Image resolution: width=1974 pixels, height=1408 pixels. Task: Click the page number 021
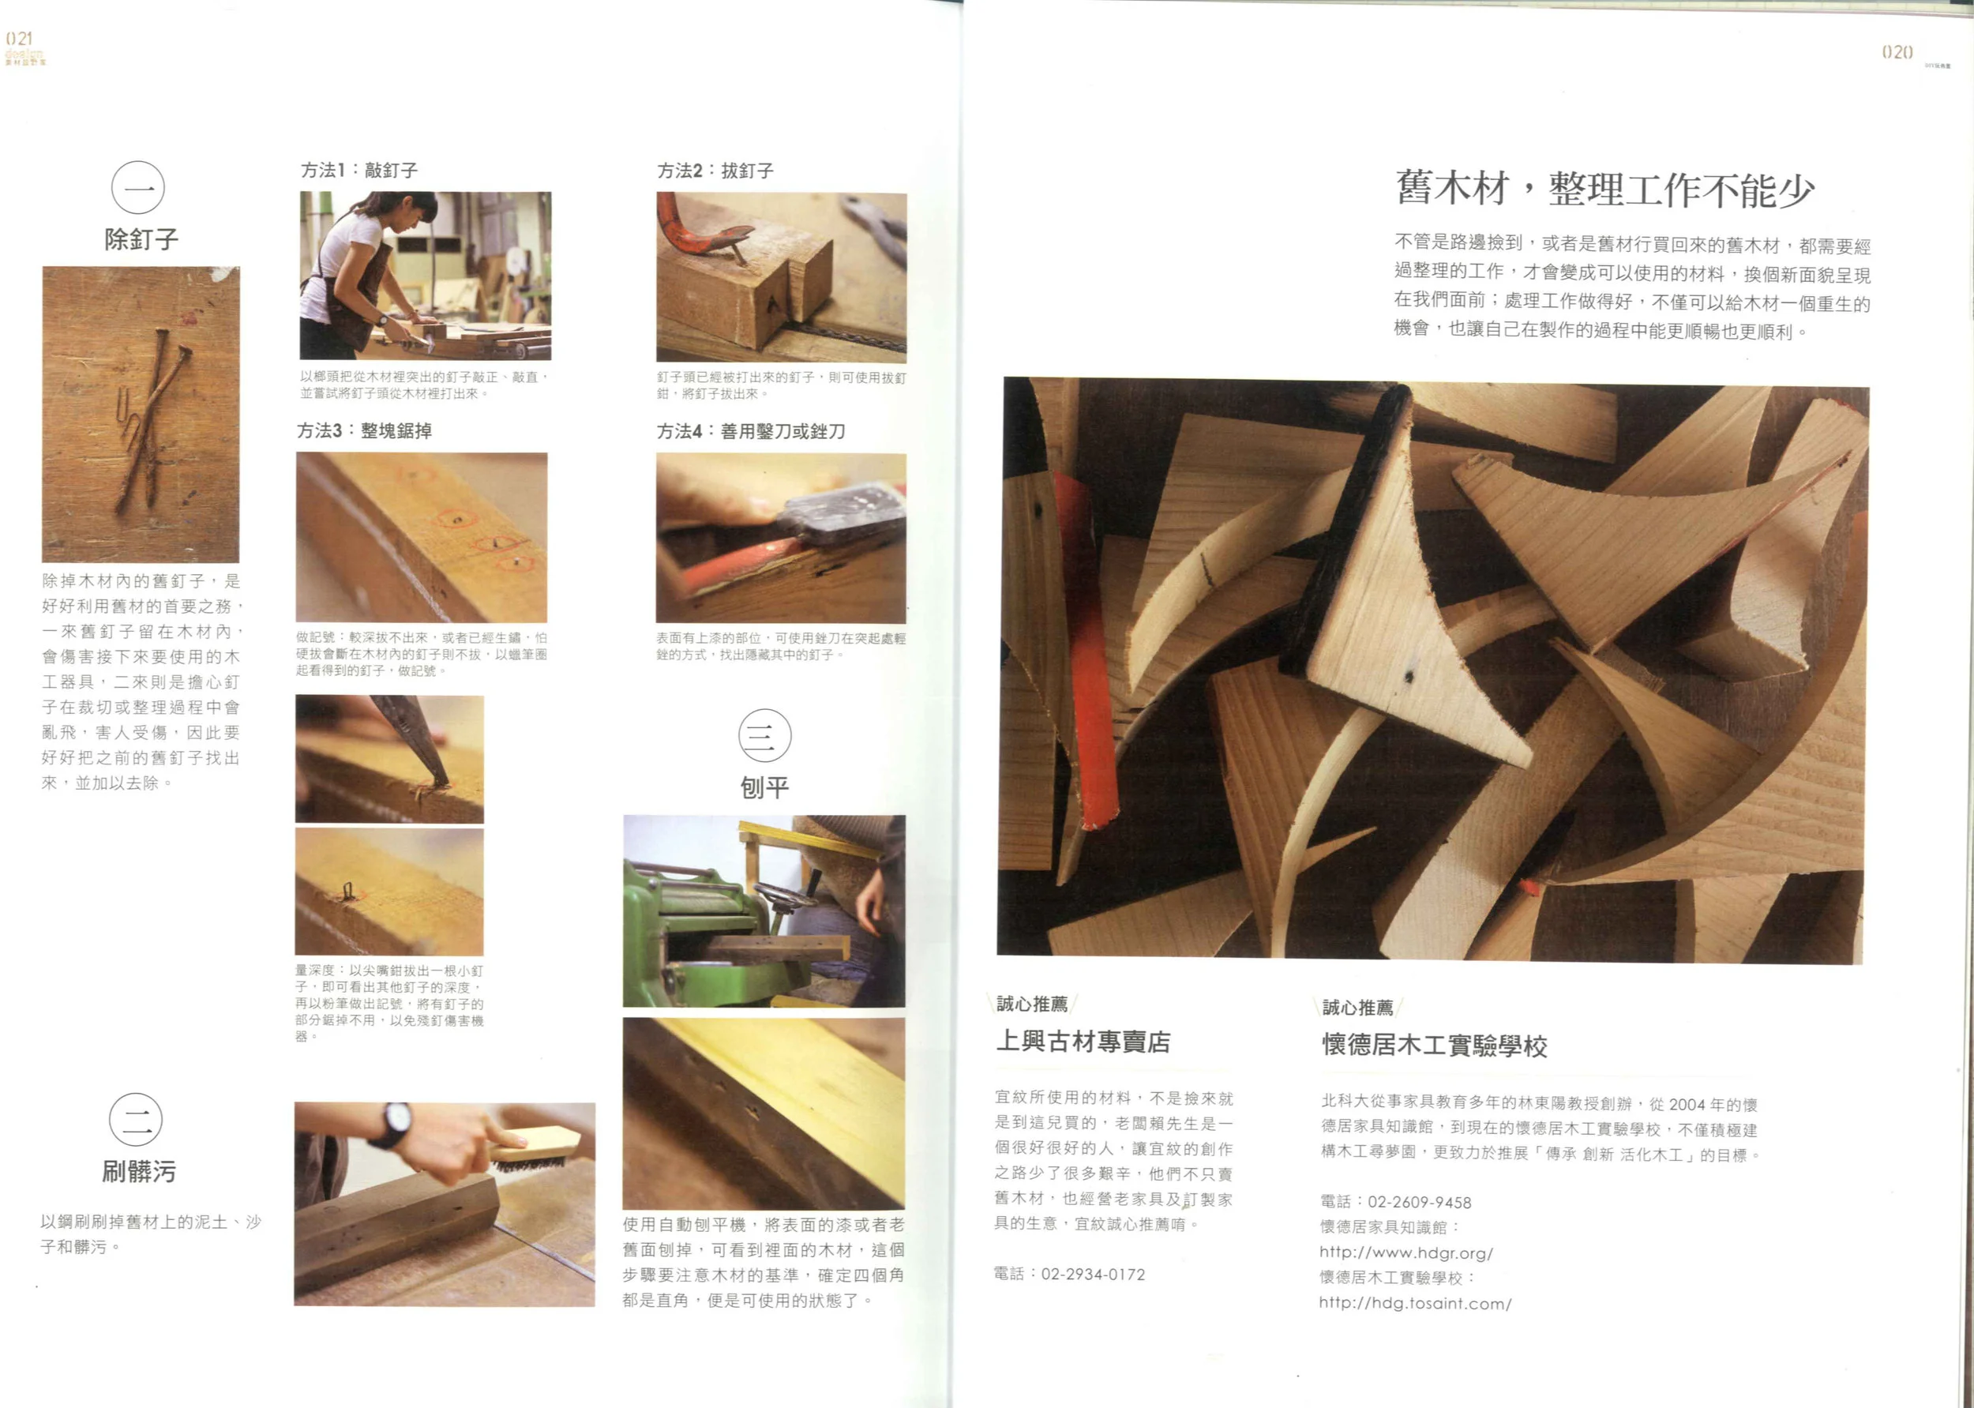pyautogui.click(x=19, y=39)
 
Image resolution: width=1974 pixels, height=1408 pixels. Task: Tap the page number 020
pyautogui.click(x=1897, y=52)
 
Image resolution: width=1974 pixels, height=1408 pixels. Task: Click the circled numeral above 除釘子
pyautogui.click(x=138, y=187)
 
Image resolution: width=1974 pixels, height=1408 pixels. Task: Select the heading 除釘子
pyautogui.click(x=141, y=239)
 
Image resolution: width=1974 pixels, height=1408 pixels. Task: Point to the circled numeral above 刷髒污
pyautogui.click(x=136, y=1119)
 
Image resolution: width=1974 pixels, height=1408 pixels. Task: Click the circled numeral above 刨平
pyautogui.click(x=764, y=735)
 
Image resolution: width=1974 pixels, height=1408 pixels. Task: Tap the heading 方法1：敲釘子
pyautogui.click(x=360, y=170)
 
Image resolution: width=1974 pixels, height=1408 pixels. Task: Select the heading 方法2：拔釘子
pyautogui.click(x=715, y=171)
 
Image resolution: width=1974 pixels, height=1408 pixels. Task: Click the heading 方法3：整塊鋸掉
pyautogui.click(x=365, y=431)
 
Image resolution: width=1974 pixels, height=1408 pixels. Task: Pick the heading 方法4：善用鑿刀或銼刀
pyautogui.click(x=751, y=432)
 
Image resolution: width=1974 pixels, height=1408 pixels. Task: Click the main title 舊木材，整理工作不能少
pyautogui.click(x=1604, y=190)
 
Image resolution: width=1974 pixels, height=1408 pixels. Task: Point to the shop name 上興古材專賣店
pyautogui.click(x=1083, y=1042)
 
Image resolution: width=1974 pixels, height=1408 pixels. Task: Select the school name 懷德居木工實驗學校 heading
pyautogui.click(x=1435, y=1046)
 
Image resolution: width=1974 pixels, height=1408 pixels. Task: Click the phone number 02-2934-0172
pyautogui.click(x=1093, y=1275)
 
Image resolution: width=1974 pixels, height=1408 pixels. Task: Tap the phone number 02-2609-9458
pyautogui.click(x=1419, y=1203)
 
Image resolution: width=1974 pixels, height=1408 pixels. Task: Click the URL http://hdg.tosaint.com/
pyautogui.click(x=1415, y=1303)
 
